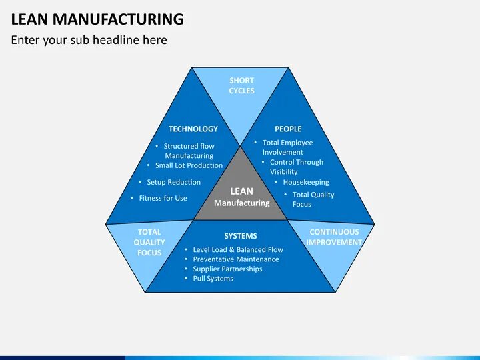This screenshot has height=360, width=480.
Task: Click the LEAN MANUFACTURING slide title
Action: click(97, 19)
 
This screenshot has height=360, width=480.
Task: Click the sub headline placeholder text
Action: click(89, 40)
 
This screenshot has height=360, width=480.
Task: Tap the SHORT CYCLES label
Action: click(241, 85)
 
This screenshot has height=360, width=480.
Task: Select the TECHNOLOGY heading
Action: click(193, 129)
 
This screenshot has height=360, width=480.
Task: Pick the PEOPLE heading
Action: click(288, 129)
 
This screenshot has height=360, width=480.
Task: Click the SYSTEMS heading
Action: click(240, 236)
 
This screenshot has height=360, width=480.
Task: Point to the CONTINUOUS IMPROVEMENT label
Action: click(334, 237)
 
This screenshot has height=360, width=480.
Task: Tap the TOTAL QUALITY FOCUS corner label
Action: click(149, 243)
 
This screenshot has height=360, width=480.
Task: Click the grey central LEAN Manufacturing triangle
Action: click(241, 197)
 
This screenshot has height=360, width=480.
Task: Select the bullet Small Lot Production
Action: click(189, 165)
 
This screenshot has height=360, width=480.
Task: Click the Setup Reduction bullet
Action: click(173, 182)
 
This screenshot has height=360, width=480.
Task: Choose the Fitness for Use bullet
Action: click(163, 198)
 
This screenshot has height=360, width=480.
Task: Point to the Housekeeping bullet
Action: click(305, 182)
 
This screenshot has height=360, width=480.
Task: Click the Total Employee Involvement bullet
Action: click(287, 147)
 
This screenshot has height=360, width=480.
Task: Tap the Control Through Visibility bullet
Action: click(296, 167)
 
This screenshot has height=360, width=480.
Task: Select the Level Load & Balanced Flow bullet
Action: click(237, 249)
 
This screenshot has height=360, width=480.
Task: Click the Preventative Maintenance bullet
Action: click(235, 259)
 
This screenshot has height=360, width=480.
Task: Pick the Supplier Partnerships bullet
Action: click(227, 269)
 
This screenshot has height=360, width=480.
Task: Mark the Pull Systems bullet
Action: click(213, 279)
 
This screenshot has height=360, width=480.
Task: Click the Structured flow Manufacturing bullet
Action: click(189, 151)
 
